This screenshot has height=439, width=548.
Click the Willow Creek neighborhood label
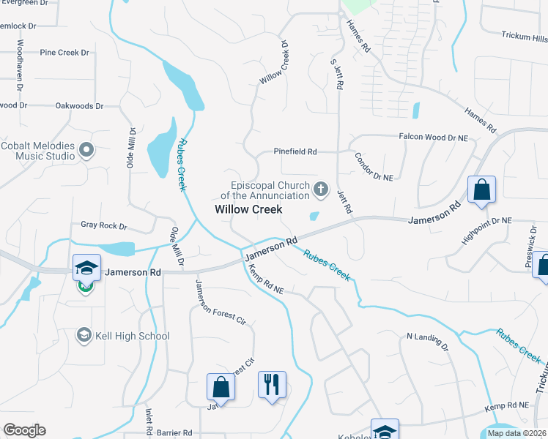(x=248, y=209)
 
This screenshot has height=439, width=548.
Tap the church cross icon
(x=320, y=190)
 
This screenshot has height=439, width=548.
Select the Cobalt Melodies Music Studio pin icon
(x=86, y=151)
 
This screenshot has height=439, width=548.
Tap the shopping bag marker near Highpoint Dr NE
(x=482, y=190)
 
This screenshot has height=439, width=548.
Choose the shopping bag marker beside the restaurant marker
(x=221, y=387)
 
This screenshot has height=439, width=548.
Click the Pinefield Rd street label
(x=295, y=151)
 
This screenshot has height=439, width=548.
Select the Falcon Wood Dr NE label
(x=433, y=137)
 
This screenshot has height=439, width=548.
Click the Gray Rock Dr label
(x=103, y=226)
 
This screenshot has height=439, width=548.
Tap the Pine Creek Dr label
(x=64, y=53)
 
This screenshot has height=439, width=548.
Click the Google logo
(x=24, y=430)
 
